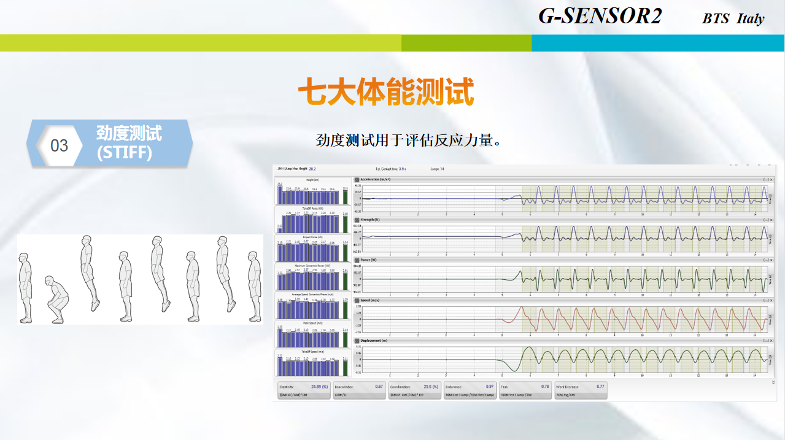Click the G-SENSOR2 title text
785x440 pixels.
[600, 16]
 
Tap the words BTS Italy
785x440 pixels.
[733, 18]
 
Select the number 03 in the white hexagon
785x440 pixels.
[59, 146]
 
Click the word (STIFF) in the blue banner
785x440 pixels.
[125, 152]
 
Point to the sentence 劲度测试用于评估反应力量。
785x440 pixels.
[409, 140]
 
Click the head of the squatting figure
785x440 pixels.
[51, 282]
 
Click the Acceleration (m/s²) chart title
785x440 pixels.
[376, 179]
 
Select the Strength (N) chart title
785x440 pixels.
[370, 219]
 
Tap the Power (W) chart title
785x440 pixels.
[368, 260]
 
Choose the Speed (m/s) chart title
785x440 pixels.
[369, 300]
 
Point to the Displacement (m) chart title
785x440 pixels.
[374, 340]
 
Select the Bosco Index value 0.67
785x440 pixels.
[379, 387]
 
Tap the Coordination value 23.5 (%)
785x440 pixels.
[431, 387]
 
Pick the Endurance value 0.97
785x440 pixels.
[490, 387]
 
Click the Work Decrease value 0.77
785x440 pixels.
[600, 387]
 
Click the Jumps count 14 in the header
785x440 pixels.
[442, 168]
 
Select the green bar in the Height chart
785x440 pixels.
[346, 197]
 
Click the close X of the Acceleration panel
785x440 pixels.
[771, 179]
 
